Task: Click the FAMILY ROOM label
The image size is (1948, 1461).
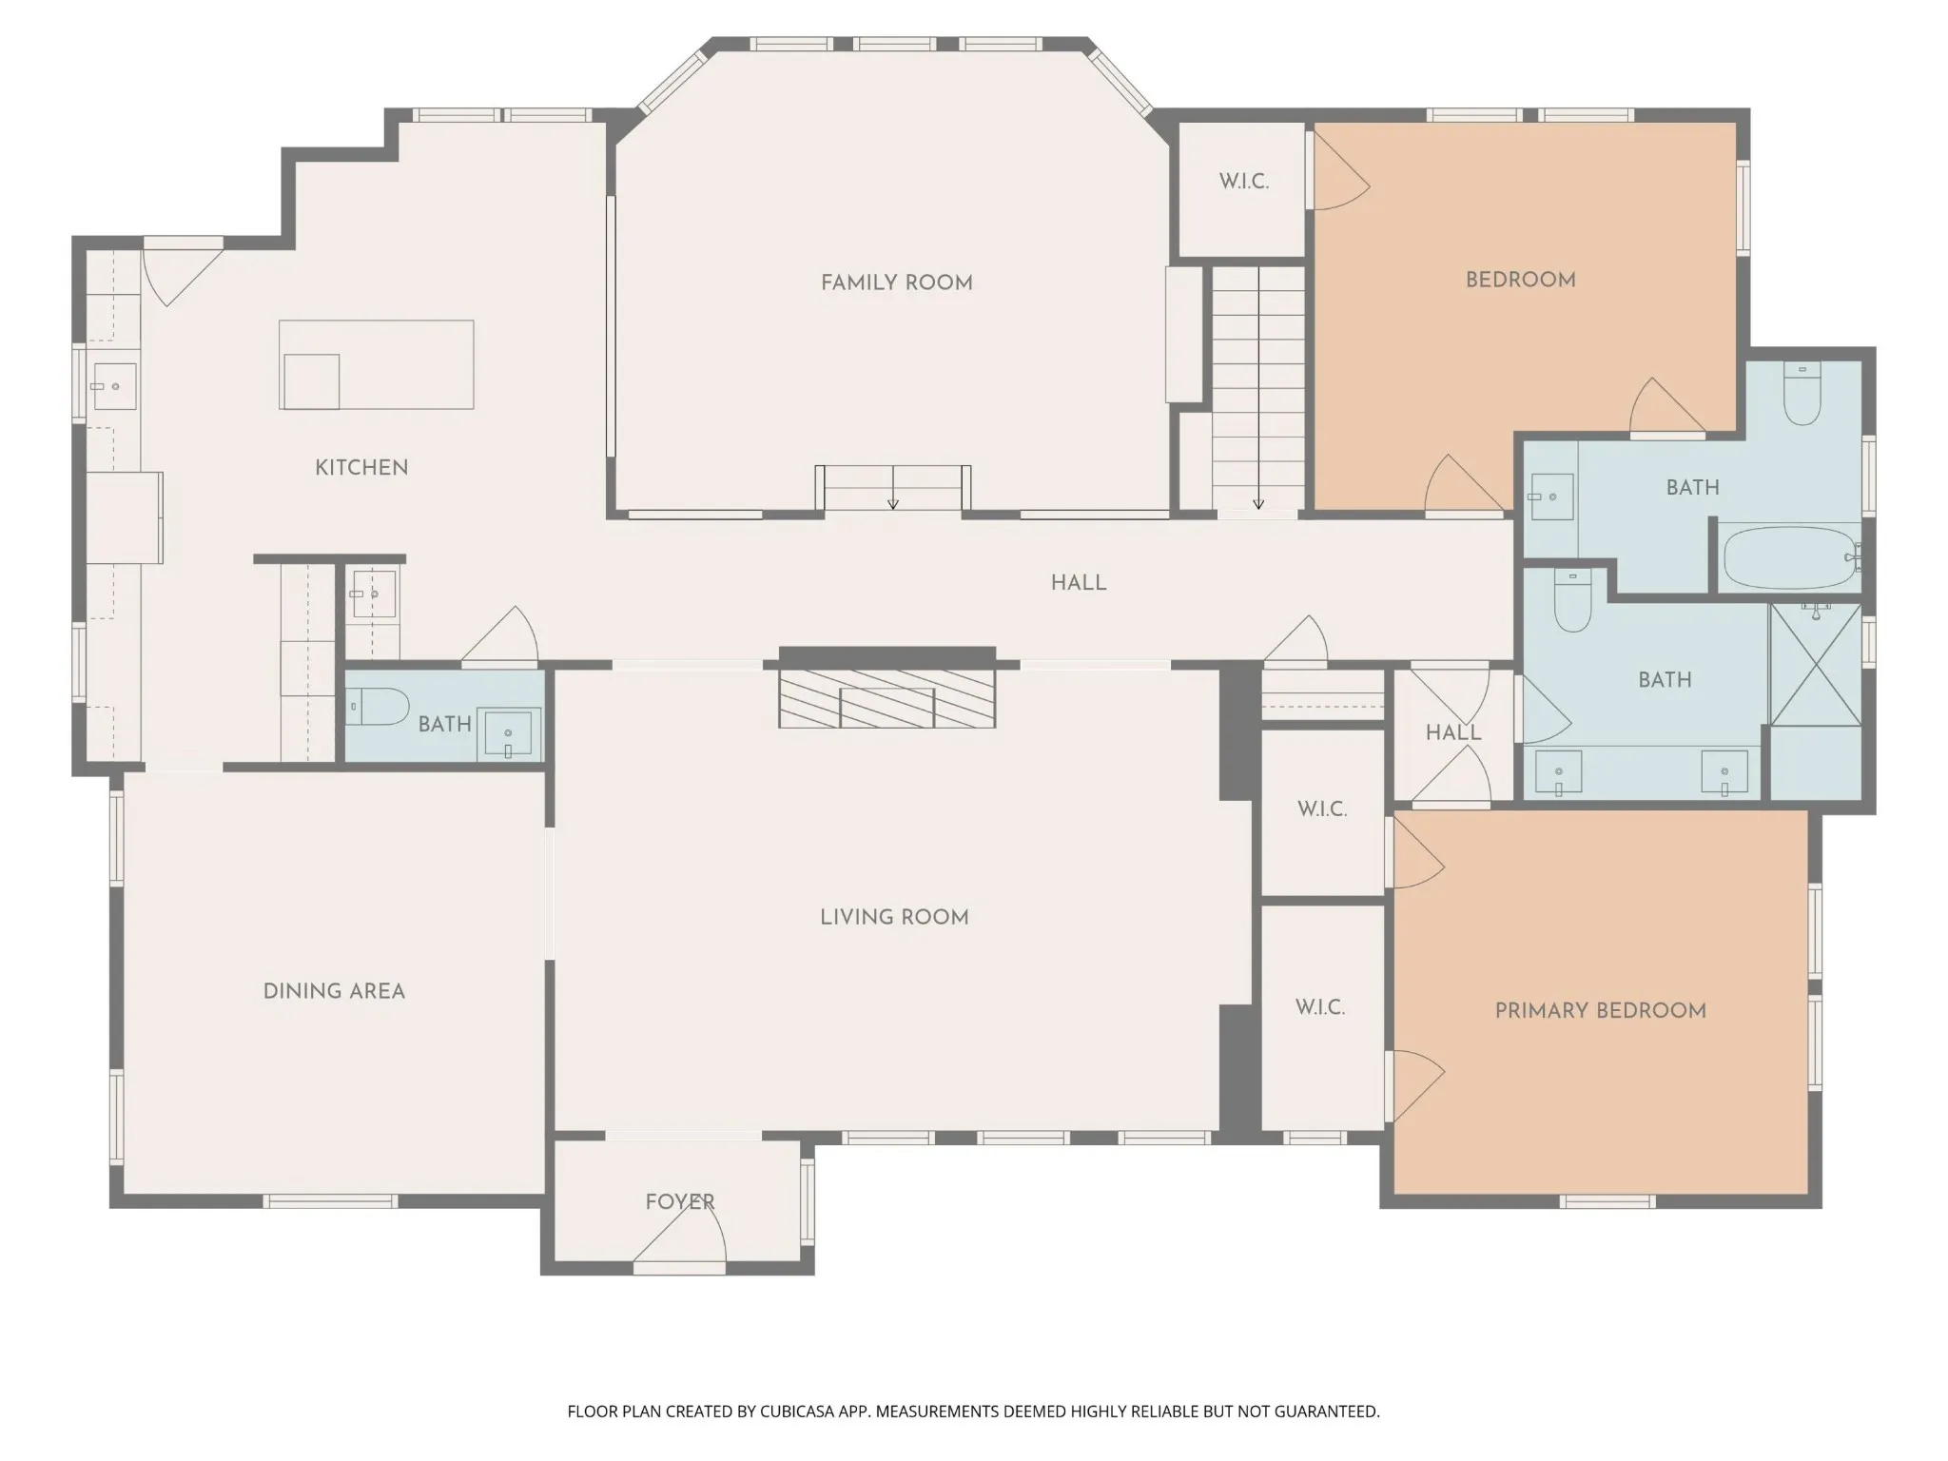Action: point(897,282)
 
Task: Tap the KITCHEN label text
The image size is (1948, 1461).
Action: point(361,467)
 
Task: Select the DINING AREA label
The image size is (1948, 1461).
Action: point(334,991)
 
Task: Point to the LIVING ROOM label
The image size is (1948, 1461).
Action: point(894,917)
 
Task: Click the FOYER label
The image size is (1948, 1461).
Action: point(679,1201)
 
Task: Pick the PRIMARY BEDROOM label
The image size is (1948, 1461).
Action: point(1601,1010)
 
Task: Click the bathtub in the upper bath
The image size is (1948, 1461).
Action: point(1789,557)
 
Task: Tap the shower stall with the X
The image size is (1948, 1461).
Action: point(1815,664)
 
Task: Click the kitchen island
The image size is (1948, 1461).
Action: point(377,364)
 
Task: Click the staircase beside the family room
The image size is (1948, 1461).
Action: point(1257,389)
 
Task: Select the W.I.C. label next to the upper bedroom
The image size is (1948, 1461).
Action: point(1244,181)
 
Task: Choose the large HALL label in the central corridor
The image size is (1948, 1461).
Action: point(1079,583)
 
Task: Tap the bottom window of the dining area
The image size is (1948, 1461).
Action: point(330,1201)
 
